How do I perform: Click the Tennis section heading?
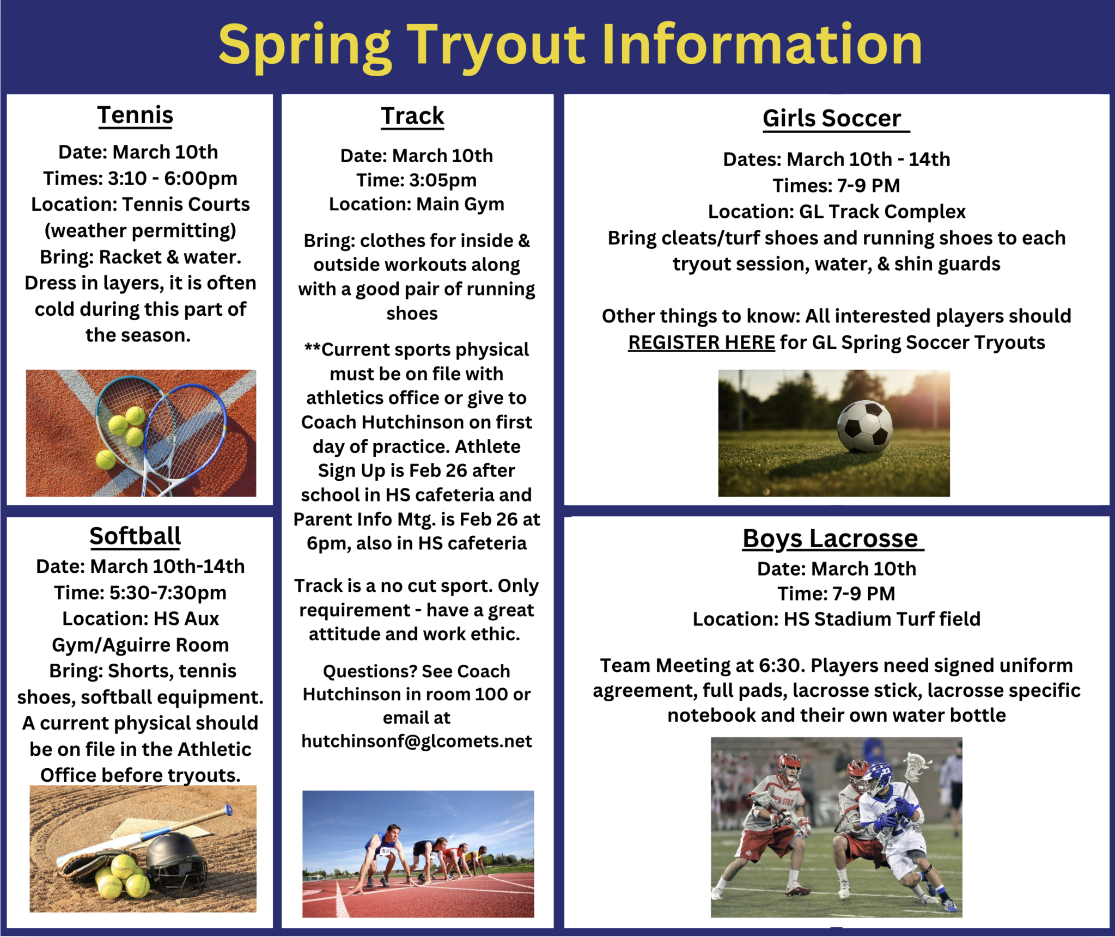[135, 115]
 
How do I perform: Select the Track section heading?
[412, 116]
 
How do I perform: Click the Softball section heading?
[135, 536]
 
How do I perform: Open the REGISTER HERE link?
[702, 342]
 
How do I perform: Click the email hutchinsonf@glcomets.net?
[417, 741]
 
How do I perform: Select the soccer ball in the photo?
[864, 426]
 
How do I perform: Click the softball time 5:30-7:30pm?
[168, 593]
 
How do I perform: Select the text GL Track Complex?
[882, 212]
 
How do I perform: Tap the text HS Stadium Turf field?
[882, 619]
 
